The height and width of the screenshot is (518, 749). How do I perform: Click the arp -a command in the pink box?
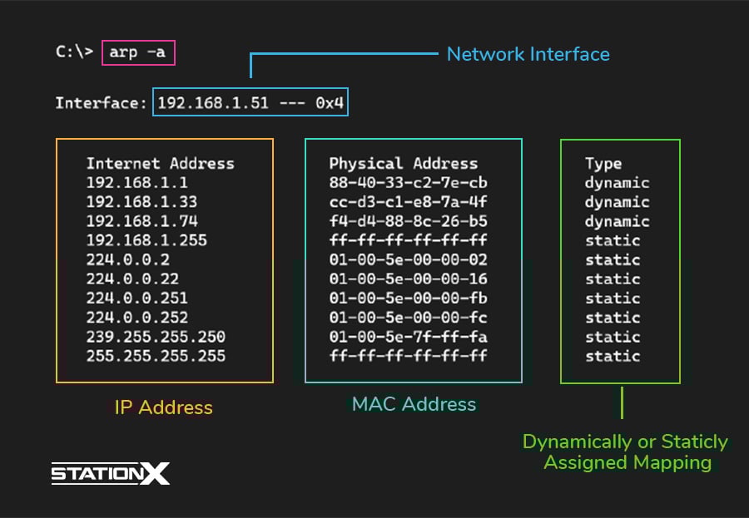pos(139,52)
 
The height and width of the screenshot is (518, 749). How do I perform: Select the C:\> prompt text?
pos(75,52)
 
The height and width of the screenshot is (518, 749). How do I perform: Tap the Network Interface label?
pos(528,55)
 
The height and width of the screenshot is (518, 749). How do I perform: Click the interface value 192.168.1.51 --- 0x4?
pos(250,104)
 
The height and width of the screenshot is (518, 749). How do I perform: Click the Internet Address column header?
pos(160,164)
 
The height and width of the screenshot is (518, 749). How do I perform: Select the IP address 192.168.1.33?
pos(141,202)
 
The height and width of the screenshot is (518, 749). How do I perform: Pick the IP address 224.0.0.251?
pos(136,298)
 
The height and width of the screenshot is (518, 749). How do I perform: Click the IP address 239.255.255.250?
pos(156,337)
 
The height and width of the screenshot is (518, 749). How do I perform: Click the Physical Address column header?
pos(403,164)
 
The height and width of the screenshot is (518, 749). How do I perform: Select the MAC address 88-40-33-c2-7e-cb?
pos(408,183)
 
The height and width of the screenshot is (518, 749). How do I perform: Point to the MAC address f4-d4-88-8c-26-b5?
pos(408,221)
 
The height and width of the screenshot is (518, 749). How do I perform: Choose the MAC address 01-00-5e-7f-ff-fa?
pos(408,337)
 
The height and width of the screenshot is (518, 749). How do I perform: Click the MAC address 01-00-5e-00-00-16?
pos(408,279)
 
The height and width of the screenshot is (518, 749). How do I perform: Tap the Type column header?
pos(603,164)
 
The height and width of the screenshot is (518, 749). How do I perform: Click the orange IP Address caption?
pos(163,407)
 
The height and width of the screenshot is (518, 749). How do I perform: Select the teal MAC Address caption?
pos(414,405)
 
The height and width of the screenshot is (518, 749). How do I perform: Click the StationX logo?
pos(111,474)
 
